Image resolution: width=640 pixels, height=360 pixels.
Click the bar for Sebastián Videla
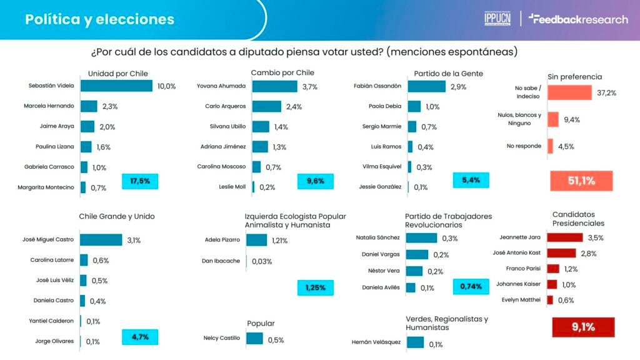(116, 86)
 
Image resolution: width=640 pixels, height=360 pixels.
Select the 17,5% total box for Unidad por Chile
(140, 181)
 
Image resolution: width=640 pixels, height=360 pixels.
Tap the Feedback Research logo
(578, 19)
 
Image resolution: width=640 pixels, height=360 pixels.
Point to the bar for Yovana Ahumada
(275, 86)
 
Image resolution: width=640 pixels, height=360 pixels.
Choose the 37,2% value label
(606, 93)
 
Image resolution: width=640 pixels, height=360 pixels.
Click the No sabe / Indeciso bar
(569, 93)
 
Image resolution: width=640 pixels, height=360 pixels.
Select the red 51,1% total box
(581, 181)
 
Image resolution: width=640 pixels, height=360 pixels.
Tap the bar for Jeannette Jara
(565, 237)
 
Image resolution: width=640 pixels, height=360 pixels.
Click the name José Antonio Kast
(516, 253)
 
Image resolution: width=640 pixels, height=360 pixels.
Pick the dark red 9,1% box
(584, 327)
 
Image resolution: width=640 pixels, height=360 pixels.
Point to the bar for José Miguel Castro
(101, 240)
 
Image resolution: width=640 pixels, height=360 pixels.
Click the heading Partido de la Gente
(448, 73)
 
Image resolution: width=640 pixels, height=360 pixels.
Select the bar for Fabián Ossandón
(427, 86)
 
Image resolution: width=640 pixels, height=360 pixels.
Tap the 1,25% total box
(316, 287)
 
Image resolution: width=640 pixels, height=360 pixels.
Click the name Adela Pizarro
(222, 240)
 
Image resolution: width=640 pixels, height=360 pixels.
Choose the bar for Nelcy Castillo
(254, 339)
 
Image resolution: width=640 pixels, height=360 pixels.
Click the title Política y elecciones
(99, 19)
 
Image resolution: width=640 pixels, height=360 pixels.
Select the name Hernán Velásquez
(376, 342)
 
